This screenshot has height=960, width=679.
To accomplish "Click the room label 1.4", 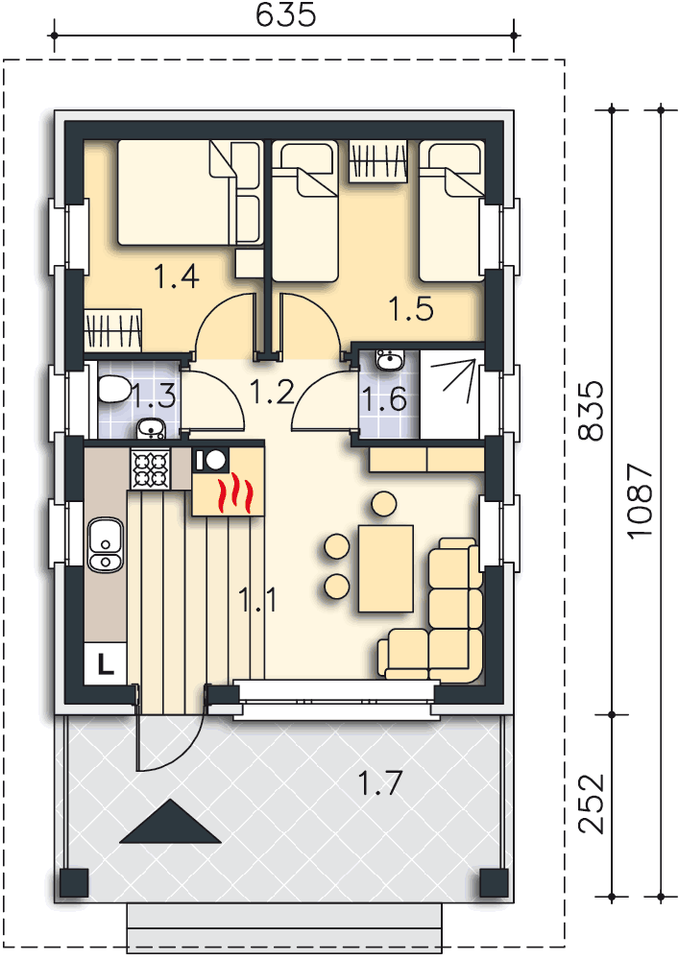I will click(177, 277).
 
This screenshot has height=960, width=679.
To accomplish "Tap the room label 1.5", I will click(411, 308).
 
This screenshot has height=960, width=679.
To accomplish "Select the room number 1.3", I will click(154, 394).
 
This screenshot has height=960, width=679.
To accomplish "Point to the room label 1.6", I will click(385, 397).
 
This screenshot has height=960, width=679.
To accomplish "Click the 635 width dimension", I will click(286, 15).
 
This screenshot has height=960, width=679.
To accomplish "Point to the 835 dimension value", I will click(593, 411).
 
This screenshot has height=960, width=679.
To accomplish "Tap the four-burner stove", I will click(150, 469).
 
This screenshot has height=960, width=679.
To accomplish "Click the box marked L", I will click(104, 661).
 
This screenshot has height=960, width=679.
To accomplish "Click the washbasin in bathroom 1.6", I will click(390, 361).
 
